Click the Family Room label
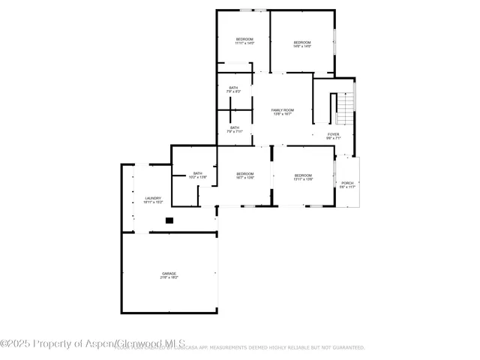click(283, 110)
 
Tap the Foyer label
click(333, 134)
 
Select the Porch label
click(347, 183)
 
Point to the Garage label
click(169, 273)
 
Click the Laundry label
click(152, 198)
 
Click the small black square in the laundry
click(169, 220)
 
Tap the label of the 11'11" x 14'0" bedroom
click(244, 39)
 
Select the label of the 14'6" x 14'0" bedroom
click(301, 42)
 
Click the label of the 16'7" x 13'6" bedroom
click(246, 174)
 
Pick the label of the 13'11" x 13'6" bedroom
click(302, 174)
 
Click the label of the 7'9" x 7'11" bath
click(235, 127)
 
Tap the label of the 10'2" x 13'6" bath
click(197, 173)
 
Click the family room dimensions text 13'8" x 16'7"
click(283, 115)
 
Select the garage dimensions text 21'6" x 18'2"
click(169, 277)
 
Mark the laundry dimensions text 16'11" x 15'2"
click(152, 202)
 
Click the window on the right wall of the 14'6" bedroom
click(334, 42)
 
